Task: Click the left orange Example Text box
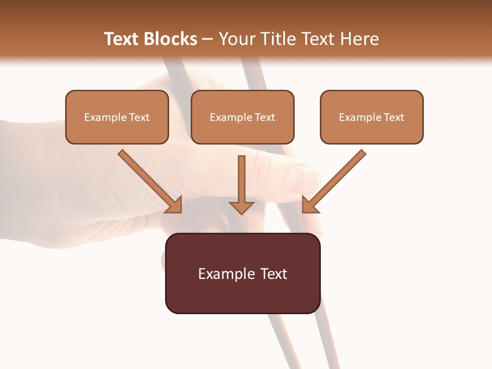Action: click(117, 117)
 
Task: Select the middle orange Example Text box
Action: click(242, 117)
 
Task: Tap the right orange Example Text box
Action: click(372, 117)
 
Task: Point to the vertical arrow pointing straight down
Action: click(241, 184)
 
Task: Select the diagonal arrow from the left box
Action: click(149, 179)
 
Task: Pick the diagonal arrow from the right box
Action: click(335, 179)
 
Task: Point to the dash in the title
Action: click(208, 39)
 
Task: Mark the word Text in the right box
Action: click(394, 117)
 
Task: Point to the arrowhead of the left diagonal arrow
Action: click(174, 204)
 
